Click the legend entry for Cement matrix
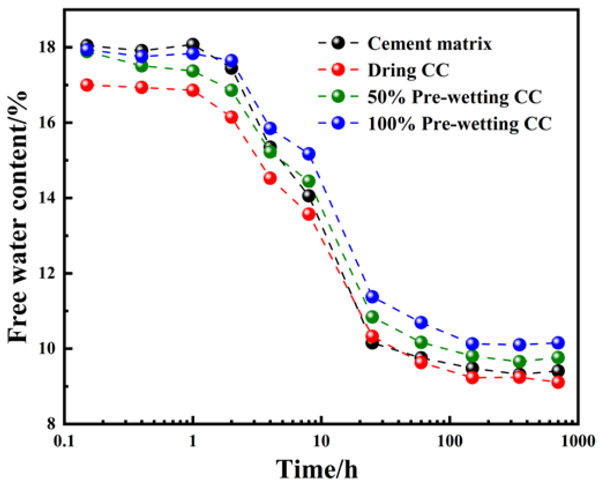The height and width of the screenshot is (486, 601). click(x=429, y=44)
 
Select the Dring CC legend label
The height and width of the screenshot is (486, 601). click(x=408, y=70)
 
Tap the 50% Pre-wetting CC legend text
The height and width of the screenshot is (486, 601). click(x=454, y=97)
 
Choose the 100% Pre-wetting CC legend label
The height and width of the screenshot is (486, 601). click(x=459, y=124)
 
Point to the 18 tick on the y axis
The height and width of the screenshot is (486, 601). click(x=47, y=47)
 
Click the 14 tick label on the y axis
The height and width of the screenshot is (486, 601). click(x=47, y=198)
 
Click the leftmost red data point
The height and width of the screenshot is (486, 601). click(x=87, y=85)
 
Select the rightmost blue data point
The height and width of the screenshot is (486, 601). click(x=558, y=343)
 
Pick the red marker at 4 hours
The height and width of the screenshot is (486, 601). click(x=270, y=178)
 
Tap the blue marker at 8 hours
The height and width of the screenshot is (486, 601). click(x=309, y=153)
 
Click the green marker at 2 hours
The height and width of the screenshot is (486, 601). click(x=231, y=90)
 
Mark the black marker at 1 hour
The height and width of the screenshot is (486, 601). click(x=193, y=44)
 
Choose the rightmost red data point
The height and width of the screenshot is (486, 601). click(x=558, y=382)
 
